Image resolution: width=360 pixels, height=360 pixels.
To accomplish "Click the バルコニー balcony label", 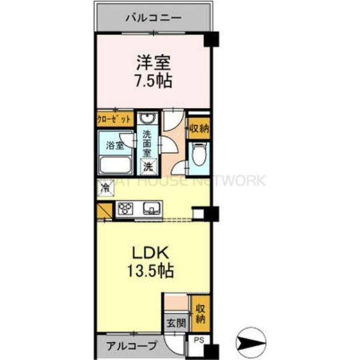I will [153, 17].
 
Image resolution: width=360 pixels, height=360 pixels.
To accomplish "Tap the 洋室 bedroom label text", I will [153, 62].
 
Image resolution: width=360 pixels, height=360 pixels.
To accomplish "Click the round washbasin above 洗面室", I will [148, 119].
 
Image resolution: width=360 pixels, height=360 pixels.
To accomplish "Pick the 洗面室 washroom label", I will [148, 144].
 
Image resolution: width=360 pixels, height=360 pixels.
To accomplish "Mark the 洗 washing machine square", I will [148, 166].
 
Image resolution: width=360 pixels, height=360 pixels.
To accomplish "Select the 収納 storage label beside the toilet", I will [199, 128].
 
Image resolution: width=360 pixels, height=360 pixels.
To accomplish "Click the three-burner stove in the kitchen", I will [127, 209].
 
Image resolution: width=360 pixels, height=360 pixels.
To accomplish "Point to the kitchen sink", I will [151, 209].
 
